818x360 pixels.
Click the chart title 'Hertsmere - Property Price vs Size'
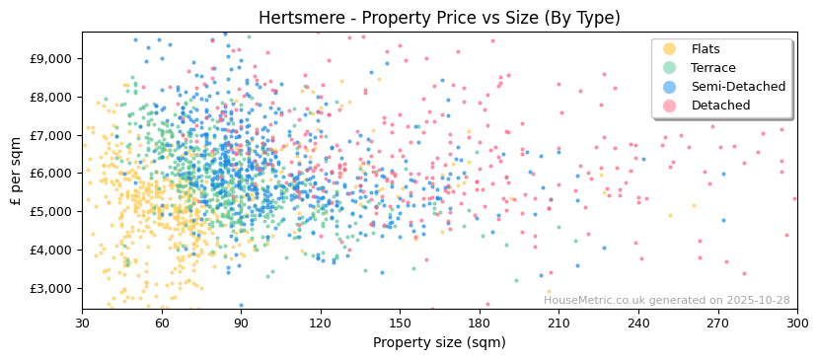point(439,18)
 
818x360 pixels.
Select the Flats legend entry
point(706,49)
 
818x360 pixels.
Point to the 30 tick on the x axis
point(82,324)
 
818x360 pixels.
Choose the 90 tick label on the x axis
point(241,324)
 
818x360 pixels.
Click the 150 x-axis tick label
point(400,324)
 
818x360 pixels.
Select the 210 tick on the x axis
point(558,324)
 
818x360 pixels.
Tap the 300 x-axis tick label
point(796,324)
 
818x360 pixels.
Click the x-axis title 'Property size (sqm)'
point(439,342)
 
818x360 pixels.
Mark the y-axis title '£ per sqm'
point(17,172)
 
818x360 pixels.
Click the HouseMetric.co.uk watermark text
point(666,301)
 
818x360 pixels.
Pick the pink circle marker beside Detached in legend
point(670,106)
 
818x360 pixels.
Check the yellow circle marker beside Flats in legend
point(670,49)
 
